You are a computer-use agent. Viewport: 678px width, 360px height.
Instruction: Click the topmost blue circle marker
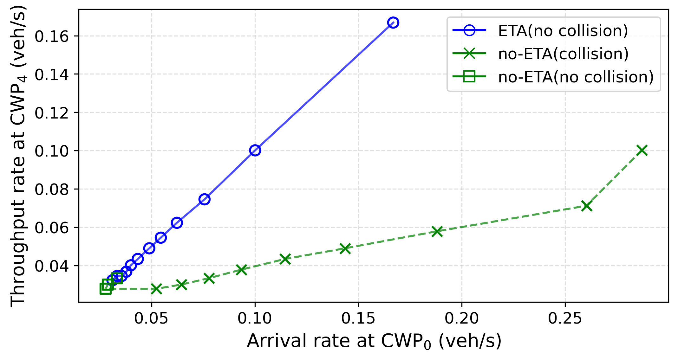(393, 22)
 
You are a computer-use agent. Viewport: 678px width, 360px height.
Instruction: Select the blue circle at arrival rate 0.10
(255, 151)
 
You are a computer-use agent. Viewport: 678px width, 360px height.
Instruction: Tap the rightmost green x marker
(642, 151)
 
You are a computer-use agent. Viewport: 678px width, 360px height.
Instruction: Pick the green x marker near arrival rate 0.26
(587, 206)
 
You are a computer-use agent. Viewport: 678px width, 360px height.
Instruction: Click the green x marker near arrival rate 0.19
(437, 231)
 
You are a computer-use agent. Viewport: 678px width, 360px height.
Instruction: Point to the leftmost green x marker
(156, 289)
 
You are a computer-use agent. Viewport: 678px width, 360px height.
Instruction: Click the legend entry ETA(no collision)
(540, 31)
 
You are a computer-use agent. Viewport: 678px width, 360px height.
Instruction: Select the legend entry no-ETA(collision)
(541, 54)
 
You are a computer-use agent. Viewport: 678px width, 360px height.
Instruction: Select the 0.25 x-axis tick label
(565, 318)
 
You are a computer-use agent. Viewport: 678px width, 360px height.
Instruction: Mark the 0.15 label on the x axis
(358, 318)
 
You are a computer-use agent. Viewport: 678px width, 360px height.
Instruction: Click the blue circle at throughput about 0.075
(205, 199)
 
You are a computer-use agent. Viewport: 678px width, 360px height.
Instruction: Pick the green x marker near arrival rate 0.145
(345, 248)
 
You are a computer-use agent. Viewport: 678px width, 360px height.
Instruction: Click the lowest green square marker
(106, 288)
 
